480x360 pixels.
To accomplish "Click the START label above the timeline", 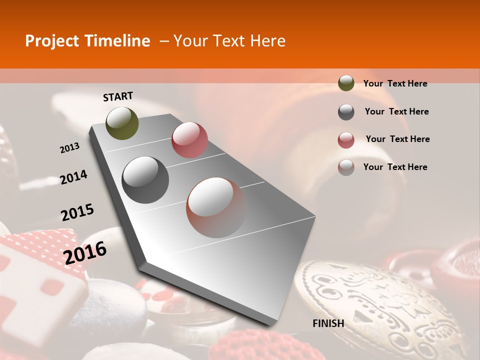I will (x=118, y=96).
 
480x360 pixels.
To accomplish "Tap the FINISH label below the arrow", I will (x=328, y=323).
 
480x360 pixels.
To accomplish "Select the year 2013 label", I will (x=69, y=148).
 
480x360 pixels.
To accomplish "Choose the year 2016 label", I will (x=85, y=253).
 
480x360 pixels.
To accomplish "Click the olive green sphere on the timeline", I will (x=122, y=123).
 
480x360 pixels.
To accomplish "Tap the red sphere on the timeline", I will (x=189, y=140).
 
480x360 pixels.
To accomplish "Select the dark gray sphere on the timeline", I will (x=145, y=180).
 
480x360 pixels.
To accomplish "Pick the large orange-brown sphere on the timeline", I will (x=216, y=207).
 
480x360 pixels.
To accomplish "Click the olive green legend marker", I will (x=346, y=83).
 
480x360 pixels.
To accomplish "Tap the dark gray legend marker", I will (x=346, y=112).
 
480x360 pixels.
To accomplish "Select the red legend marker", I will (x=346, y=140).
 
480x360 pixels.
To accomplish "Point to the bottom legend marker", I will (x=346, y=167).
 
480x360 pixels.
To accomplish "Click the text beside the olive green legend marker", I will (x=395, y=83).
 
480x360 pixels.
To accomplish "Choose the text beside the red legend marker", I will (x=397, y=139).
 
